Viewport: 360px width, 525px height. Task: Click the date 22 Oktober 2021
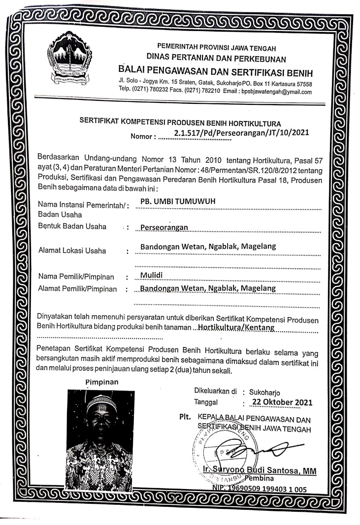pyautogui.click(x=282, y=402)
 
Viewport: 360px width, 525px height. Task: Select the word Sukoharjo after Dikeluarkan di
pyautogui.click(x=265, y=393)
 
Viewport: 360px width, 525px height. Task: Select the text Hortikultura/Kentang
pyautogui.click(x=235, y=327)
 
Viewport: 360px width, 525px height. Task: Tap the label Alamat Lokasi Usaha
pyautogui.click(x=72, y=250)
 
